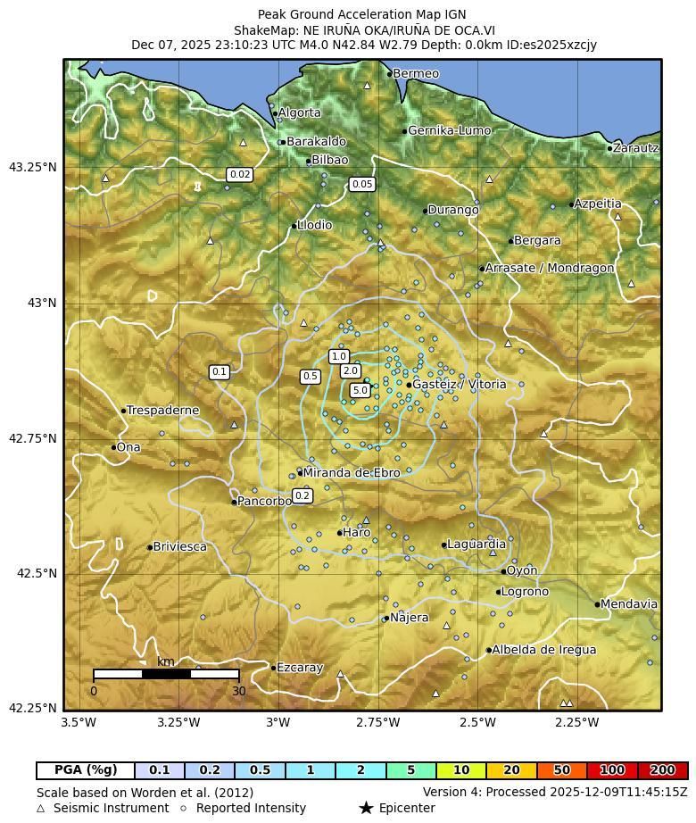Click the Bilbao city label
tap(329, 161)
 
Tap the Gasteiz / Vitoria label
tap(459, 385)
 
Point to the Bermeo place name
tap(416, 74)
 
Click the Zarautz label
tap(636, 148)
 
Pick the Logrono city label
tap(525, 592)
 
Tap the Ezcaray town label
tap(300, 668)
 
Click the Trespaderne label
tap(162, 411)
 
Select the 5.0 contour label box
tap(360, 391)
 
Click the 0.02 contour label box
tap(239, 175)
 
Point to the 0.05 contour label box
tap(361, 185)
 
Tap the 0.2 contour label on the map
tap(302, 496)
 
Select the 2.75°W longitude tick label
tap(377, 722)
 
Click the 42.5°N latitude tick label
tap(37, 574)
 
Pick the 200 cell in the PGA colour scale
tap(662, 770)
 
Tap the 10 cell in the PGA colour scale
tap(461, 770)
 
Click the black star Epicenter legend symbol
tap(366, 809)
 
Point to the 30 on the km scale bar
tap(238, 691)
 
